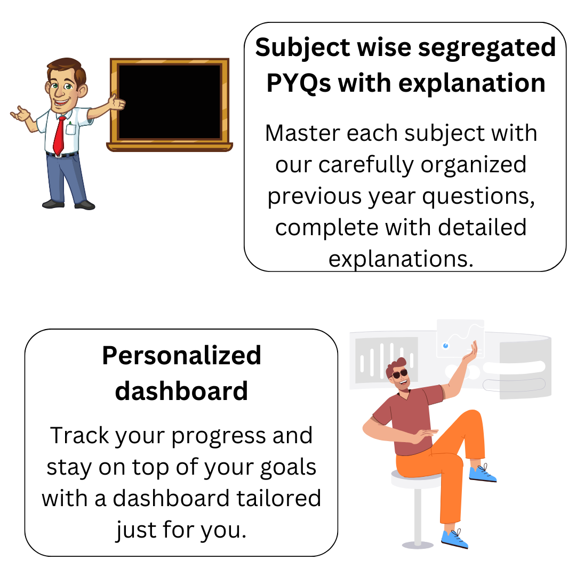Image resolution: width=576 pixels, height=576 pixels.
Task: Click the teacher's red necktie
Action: tap(59, 135)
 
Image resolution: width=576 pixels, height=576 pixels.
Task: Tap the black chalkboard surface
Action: tap(170, 102)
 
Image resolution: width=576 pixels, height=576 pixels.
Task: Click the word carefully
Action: tap(366, 165)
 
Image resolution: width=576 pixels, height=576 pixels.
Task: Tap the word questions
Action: tap(478, 197)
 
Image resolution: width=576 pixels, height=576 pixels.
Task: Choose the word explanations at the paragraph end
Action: tap(401, 260)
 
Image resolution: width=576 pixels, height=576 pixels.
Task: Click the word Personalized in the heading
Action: tap(181, 356)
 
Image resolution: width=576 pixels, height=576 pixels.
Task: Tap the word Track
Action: tap(79, 436)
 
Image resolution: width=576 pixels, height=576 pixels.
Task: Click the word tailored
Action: tap(279, 499)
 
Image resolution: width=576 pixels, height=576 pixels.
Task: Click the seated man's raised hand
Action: tap(470, 351)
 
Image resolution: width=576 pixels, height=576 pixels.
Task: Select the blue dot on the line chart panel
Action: tap(445, 346)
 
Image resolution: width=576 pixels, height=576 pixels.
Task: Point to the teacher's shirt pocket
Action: tap(70, 129)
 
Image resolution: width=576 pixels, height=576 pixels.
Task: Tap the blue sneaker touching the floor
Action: tap(455, 539)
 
